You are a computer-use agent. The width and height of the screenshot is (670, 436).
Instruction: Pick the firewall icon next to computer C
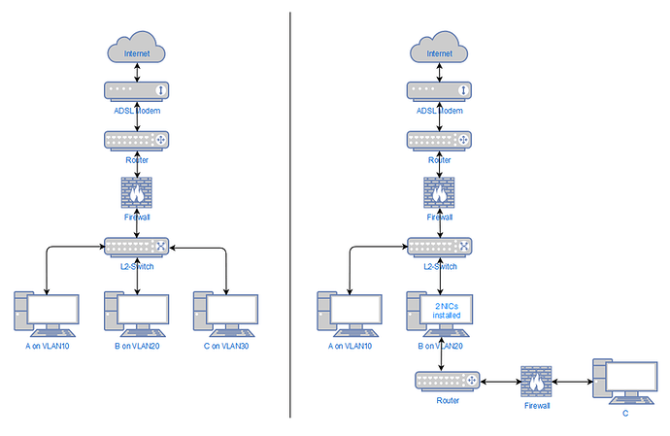(x=536, y=382)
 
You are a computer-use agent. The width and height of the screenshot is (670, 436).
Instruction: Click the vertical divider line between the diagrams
(x=290, y=214)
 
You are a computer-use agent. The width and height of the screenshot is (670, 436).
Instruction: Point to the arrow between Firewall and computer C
(x=573, y=383)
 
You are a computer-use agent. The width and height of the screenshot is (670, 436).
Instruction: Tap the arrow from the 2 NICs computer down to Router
(x=442, y=355)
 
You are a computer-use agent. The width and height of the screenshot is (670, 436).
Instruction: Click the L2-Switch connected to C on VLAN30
(x=137, y=247)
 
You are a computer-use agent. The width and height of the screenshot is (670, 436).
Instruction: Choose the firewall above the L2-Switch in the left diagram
(x=137, y=192)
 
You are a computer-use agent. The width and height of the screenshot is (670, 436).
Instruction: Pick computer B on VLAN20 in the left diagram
(x=137, y=313)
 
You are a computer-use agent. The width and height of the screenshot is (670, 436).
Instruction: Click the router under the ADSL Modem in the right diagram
(x=441, y=141)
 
